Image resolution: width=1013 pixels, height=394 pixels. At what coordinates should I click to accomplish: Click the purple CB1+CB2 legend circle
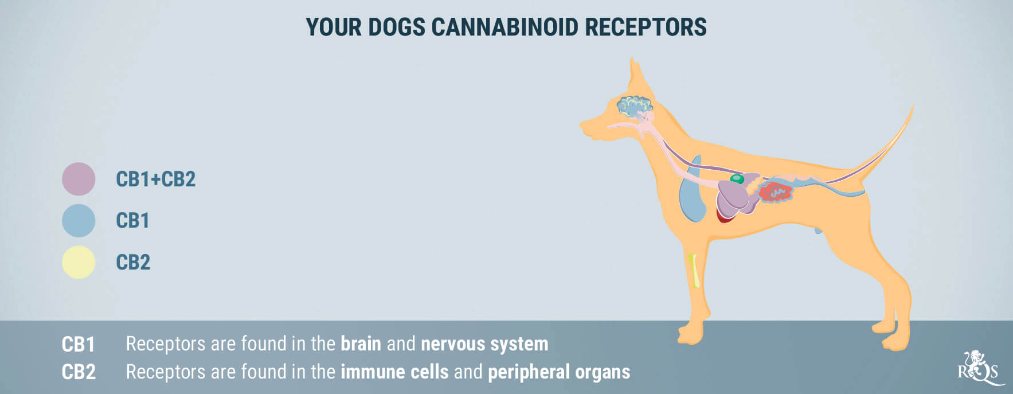79,179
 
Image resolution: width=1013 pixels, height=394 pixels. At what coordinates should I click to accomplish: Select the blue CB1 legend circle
79,221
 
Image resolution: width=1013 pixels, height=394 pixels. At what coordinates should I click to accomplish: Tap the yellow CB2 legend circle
79,262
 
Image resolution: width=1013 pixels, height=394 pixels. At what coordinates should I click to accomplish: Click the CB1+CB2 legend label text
156,179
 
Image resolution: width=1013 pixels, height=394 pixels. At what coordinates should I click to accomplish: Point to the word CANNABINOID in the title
504,27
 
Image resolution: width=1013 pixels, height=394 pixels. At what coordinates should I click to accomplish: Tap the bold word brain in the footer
361,344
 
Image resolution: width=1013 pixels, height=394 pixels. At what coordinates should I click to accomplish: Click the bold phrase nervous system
484,344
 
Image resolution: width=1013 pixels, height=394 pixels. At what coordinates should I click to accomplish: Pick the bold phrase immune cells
394,372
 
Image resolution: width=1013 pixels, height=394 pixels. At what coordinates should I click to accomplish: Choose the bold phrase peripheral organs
559,372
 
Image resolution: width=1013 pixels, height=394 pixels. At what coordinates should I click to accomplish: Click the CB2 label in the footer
79,372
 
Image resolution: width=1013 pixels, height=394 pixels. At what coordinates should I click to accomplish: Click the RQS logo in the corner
980,368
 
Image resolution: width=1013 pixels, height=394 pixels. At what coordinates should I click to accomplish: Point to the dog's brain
634,107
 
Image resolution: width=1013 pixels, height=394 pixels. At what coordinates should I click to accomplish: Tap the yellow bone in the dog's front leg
694,270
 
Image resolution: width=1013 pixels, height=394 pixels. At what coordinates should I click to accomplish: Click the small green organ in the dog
737,179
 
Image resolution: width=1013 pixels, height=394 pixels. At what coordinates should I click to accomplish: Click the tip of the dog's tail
912,104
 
